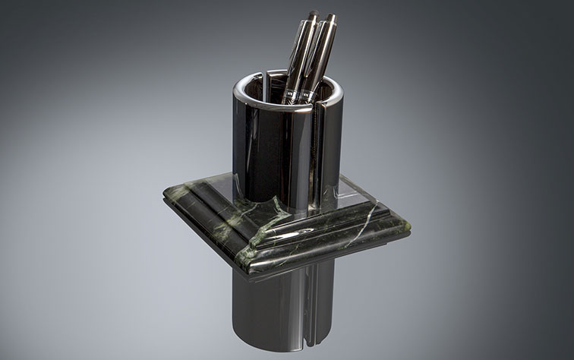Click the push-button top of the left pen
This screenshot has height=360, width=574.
click(x=313, y=14)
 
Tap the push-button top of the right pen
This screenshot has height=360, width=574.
click(x=330, y=17)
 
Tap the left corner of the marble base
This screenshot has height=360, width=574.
click(x=164, y=196)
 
